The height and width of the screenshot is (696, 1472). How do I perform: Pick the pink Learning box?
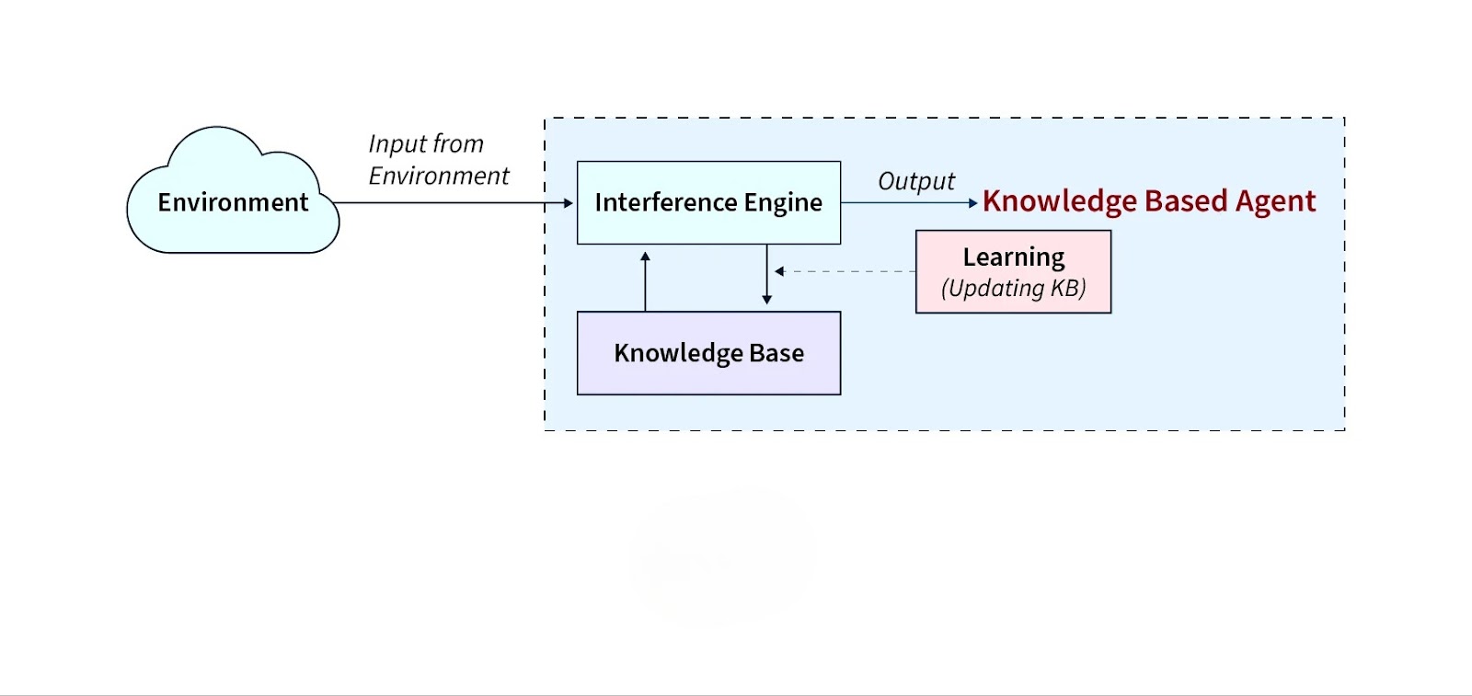pyautogui.click(x=1013, y=272)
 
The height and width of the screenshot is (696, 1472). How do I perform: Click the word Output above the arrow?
pyautogui.click(x=916, y=181)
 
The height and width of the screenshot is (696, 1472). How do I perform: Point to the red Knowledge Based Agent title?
pyautogui.click(x=1149, y=201)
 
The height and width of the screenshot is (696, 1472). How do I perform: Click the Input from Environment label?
pyautogui.click(x=438, y=160)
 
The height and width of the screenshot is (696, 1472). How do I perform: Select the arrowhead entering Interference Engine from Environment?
pyautogui.click(x=569, y=203)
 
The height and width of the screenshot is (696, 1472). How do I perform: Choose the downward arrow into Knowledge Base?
pyautogui.click(x=766, y=276)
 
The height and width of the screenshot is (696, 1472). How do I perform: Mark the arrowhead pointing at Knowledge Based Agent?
pyautogui.click(x=972, y=203)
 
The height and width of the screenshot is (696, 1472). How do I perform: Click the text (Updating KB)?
pyautogui.click(x=1013, y=289)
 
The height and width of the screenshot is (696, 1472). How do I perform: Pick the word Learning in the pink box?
pyautogui.click(x=1014, y=257)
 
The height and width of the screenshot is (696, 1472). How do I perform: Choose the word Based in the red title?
pyautogui.click(x=1186, y=201)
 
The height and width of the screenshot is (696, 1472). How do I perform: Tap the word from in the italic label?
pyautogui.click(x=458, y=144)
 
